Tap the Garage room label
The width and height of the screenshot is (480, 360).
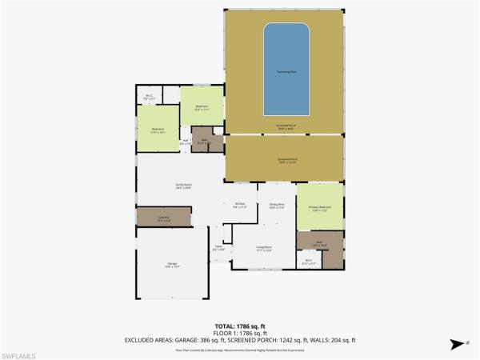pyautogui.click(x=172, y=266)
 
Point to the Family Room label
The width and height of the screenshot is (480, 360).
pyautogui.click(x=184, y=186)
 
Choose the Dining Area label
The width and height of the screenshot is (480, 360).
pyautogui.click(x=277, y=205)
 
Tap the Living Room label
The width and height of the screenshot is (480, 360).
pyautogui.click(x=263, y=248)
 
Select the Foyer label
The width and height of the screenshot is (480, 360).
pyautogui.click(x=218, y=249)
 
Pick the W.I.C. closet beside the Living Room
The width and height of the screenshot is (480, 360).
pyautogui.click(x=310, y=261)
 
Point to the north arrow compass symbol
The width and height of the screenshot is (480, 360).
pyautogui.click(x=458, y=344)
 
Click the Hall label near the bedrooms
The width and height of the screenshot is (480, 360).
pyautogui.click(x=186, y=141)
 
